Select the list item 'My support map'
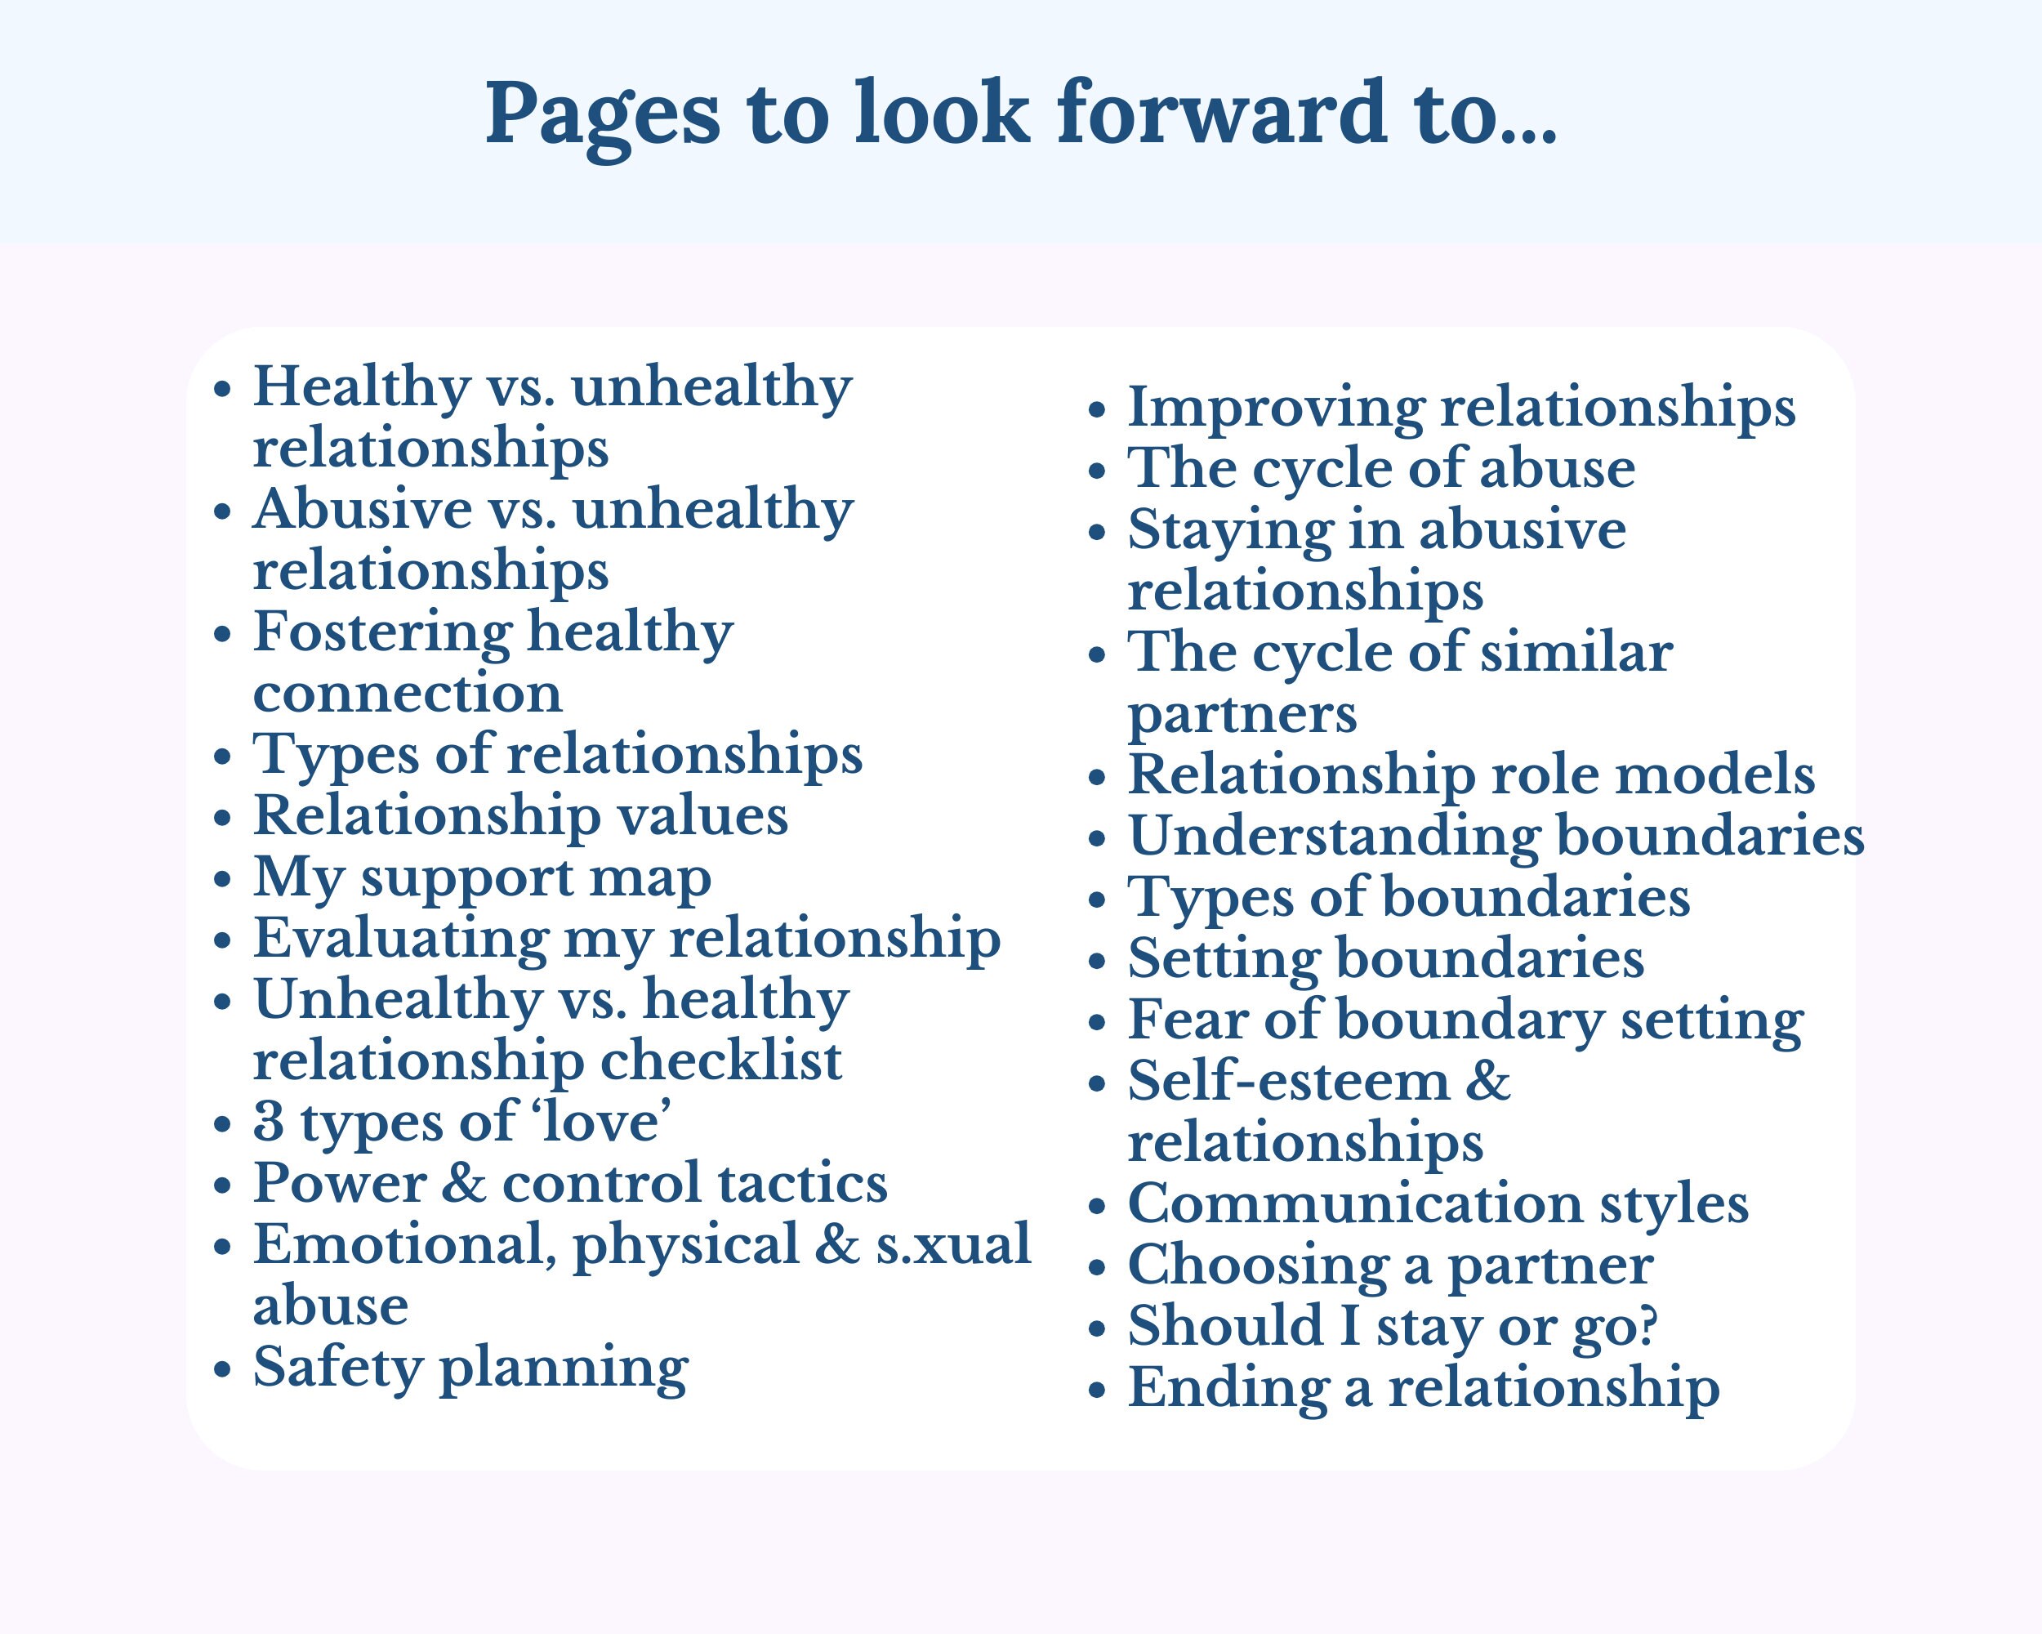pos(482,877)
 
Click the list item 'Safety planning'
pos(470,1367)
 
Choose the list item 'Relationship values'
pos(520,815)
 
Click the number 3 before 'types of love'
pos(269,1122)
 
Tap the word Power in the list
pos(340,1183)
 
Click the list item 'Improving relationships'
pos(1460,408)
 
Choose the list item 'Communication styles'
pos(1438,1204)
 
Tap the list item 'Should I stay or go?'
pos(1393,1326)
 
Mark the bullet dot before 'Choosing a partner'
pos(1097,1267)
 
